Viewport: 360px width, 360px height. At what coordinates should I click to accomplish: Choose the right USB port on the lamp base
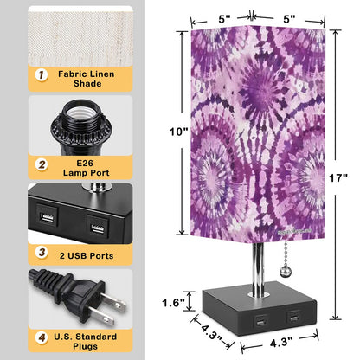point(296,321)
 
